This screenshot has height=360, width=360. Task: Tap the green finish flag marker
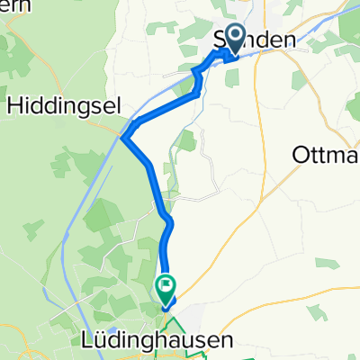click(x=166, y=290)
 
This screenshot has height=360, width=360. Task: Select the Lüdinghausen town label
click(x=163, y=340)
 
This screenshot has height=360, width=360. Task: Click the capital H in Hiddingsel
click(x=14, y=104)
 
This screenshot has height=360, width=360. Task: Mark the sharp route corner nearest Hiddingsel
click(x=124, y=137)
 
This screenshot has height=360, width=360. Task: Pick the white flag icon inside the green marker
click(x=166, y=287)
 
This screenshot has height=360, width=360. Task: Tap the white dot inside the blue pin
click(x=236, y=36)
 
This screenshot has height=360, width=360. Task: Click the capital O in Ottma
click(x=302, y=155)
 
